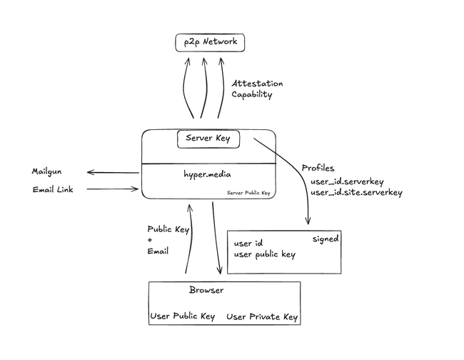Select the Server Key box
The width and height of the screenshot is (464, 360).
click(x=208, y=138)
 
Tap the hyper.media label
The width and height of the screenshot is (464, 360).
click(x=208, y=174)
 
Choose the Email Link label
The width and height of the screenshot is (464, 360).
click(x=53, y=189)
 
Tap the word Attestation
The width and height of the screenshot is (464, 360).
click(x=257, y=84)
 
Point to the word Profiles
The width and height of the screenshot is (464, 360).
click(x=318, y=168)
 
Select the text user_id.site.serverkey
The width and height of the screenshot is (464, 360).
click(x=357, y=192)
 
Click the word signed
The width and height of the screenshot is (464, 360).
click(x=326, y=239)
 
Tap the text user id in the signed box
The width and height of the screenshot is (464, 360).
click(x=249, y=243)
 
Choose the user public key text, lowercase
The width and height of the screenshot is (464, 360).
click(x=265, y=254)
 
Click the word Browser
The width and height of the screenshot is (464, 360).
click(x=206, y=291)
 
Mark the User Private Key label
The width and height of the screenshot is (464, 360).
click(x=262, y=317)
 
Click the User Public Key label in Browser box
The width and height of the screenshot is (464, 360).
click(x=183, y=317)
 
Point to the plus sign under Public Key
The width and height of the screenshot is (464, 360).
click(x=150, y=240)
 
